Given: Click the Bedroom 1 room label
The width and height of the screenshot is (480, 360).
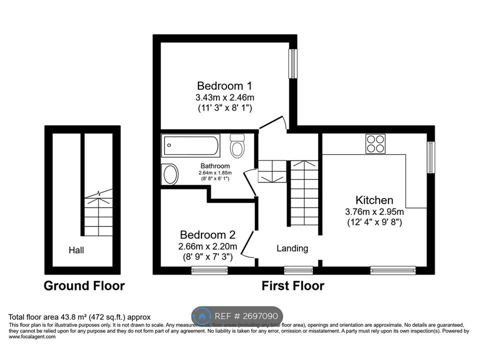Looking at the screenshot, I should (221, 85).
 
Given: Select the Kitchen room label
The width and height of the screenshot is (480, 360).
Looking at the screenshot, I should (374, 200).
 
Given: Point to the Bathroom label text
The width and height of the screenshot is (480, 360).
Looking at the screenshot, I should (215, 166).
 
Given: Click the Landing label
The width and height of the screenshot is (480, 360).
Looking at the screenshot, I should (292, 248).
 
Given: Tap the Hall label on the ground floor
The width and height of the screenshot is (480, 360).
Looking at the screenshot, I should (77, 249).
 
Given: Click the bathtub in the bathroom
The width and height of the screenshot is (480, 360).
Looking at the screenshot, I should (190, 145).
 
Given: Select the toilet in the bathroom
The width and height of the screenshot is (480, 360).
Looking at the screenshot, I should (237, 145).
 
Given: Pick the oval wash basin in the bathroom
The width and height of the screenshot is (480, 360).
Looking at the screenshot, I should (170, 174).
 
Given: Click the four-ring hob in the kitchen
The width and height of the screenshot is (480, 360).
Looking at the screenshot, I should (375, 143).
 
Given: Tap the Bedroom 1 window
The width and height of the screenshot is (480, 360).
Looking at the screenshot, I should (293, 63).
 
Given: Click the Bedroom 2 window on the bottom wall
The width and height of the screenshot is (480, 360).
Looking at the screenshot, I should (209, 270).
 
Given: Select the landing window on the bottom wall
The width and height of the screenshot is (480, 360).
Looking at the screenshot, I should (292, 270).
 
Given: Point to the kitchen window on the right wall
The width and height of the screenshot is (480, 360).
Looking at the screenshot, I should (430, 157).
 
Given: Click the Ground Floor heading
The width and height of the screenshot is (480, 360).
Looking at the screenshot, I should (84, 286).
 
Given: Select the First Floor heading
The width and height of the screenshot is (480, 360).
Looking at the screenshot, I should (293, 286).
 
